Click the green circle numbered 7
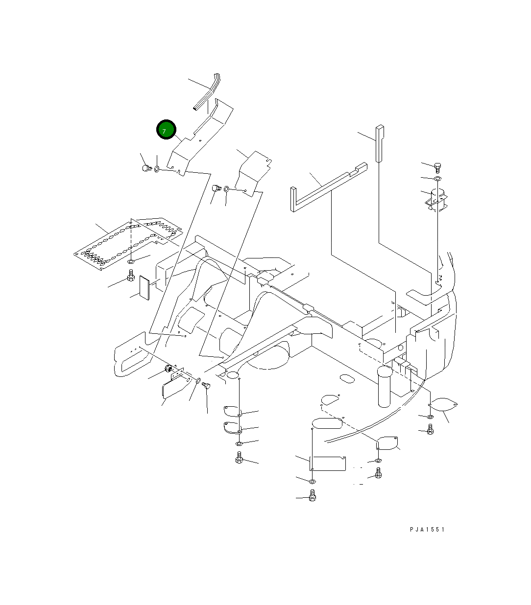166,130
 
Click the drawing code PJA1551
427,530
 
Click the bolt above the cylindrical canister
437,167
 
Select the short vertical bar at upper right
380,143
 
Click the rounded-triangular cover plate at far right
444,405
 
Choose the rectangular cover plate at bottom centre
329,463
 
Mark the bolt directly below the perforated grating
131,278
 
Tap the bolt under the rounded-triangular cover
430,430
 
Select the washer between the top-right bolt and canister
437,179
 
